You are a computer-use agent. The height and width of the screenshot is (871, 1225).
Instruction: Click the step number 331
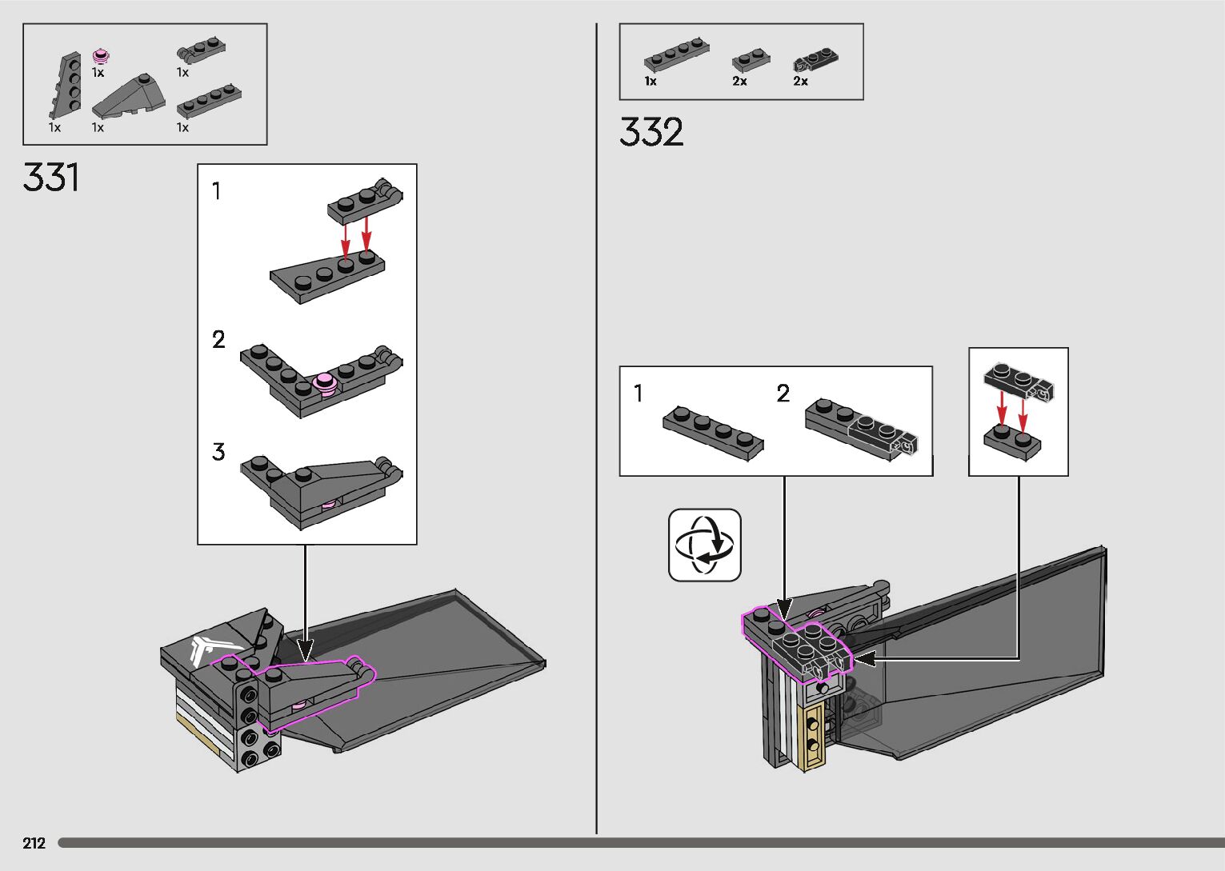coord(51,178)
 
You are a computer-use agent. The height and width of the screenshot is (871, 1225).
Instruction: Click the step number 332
coord(651,132)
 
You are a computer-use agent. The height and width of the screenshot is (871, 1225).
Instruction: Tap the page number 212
coord(34,843)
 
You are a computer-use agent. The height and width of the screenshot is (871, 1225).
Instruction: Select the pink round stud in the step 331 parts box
coord(101,56)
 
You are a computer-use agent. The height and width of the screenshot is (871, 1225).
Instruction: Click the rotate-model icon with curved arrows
coord(705,545)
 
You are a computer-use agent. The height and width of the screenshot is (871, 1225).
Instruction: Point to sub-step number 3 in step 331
coord(218,452)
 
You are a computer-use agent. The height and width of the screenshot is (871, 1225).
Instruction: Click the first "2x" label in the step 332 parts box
coord(739,82)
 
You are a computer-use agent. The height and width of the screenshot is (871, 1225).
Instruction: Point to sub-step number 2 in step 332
coord(783,393)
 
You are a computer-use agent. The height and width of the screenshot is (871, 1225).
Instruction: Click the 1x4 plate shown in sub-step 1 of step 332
coord(713,433)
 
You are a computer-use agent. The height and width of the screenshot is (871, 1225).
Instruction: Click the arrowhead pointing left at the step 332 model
coord(863,658)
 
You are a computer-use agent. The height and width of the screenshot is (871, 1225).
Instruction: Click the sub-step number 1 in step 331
coord(216,192)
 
